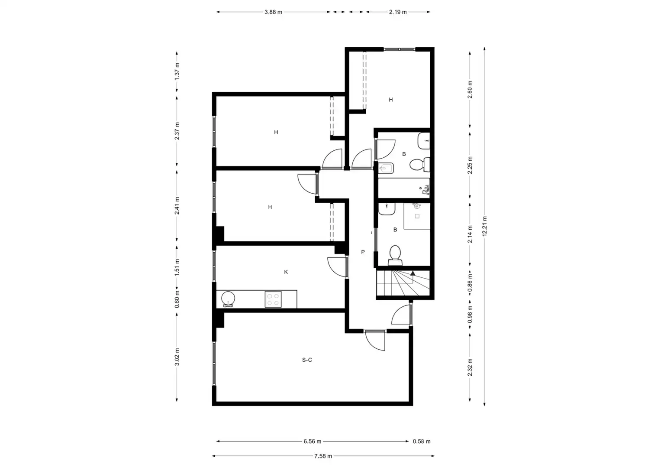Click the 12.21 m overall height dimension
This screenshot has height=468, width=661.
pos(484,226)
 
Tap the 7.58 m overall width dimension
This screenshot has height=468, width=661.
pos(323,456)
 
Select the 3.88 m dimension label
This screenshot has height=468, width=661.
pos(273,12)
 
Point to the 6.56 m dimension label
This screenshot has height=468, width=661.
pos(312,442)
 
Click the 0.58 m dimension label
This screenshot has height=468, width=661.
pos(421,442)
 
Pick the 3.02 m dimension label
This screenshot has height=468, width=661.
pos(177,357)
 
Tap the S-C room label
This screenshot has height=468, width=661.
pos(307,360)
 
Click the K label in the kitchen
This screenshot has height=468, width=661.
pos(286,272)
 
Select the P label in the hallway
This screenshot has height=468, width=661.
pos(363,252)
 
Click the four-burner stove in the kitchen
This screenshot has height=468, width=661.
pos(273,299)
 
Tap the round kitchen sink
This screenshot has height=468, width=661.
pos(228,299)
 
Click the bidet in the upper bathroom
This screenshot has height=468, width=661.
pos(386,169)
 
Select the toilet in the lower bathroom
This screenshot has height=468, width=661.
pos(395,256)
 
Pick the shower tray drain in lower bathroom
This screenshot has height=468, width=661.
pos(417,216)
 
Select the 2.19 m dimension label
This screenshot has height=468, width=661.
pos(397,12)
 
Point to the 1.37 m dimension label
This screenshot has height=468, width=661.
pos(177,71)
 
